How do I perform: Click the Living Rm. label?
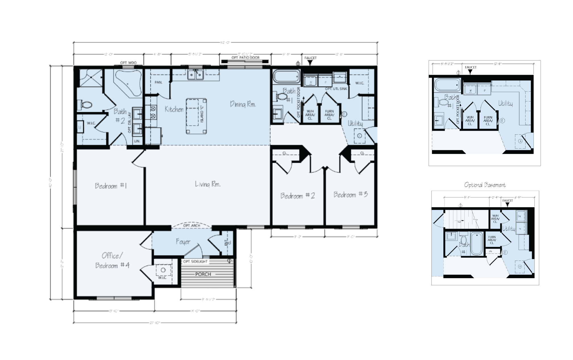click(208, 184)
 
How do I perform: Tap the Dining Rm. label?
click(243, 104)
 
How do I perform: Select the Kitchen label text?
click(174, 109)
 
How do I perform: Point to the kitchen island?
click(196, 116)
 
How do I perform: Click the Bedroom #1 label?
click(111, 186)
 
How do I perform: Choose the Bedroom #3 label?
click(350, 195)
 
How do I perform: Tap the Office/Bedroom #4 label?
click(112, 261)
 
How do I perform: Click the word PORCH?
click(203, 274)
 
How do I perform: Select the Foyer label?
click(183, 242)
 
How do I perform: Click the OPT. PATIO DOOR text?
click(245, 57)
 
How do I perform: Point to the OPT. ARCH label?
click(192, 226)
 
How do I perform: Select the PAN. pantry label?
click(158, 82)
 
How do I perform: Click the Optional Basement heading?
click(485, 185)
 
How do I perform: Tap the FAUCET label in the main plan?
click(310, 58)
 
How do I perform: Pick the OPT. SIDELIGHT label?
click(195, 261)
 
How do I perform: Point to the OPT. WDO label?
click(128, 63)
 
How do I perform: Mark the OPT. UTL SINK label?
click(336, 89)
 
